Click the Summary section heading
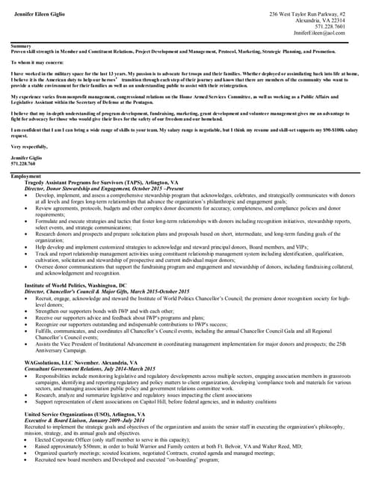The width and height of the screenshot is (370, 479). [x=21, y=46]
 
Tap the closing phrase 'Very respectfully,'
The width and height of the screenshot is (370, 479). [x=29, y=147]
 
